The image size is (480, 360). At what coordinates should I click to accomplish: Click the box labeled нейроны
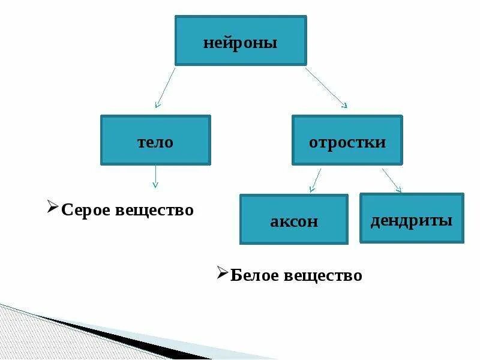241,40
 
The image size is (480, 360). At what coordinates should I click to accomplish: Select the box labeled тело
155,140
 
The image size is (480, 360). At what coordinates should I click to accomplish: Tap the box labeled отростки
347,140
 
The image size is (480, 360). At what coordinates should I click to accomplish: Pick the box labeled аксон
293,219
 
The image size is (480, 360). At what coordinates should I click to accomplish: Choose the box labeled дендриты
412,218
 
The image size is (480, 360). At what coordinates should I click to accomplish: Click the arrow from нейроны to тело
166,88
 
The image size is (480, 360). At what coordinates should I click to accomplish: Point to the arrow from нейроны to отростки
326,88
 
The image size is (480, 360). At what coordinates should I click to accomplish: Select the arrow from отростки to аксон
316,180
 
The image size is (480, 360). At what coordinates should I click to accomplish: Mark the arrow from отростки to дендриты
391,180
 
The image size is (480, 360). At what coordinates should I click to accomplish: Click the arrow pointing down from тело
155,176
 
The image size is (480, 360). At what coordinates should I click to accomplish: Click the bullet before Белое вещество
222,274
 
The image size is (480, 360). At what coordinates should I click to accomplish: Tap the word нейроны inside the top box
241,43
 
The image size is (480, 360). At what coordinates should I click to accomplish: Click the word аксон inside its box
293,221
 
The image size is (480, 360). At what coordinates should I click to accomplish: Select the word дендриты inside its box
412,220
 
